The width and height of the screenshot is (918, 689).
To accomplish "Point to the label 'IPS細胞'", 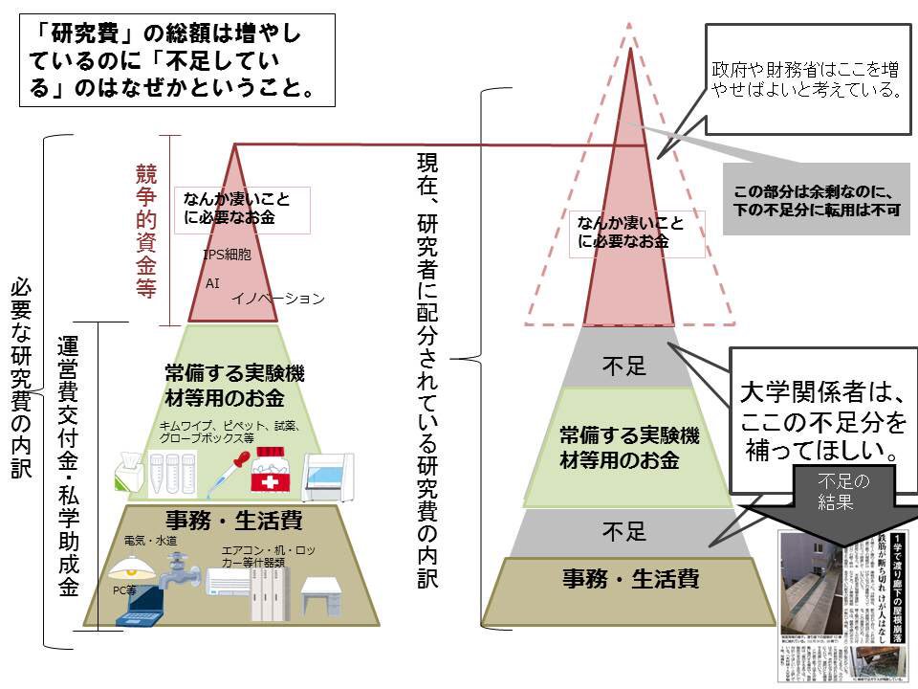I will click(227, 256).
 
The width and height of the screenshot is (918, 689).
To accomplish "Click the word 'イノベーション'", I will click(277, 299).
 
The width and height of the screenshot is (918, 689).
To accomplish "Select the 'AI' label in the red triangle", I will click(212, 284).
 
